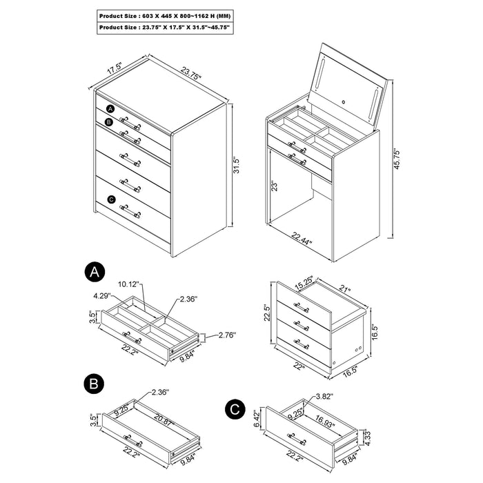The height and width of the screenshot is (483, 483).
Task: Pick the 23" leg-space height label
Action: (x=274, y=186)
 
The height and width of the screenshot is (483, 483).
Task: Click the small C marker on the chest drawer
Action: (x=111, y=200)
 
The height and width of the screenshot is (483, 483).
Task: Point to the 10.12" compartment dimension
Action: (x=129, y=284)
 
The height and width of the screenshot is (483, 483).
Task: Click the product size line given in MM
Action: (x=164, y=14)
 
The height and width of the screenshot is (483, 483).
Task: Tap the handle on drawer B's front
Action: (x=127, y=437)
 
